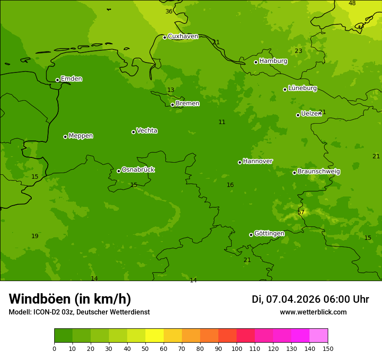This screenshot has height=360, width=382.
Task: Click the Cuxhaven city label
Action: [x=183, y=36]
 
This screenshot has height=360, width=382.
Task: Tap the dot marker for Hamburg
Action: [x=256, y=62]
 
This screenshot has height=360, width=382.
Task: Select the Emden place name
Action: [x=71, y=79]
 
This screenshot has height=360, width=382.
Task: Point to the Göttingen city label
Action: [x=269, y=233]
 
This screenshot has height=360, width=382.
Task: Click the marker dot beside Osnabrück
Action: [x=119, y=171]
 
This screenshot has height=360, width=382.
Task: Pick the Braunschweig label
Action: [x=319, y=171]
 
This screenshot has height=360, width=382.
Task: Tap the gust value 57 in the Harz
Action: [x=301, y=212]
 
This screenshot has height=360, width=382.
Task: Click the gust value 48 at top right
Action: [x=352, y=3]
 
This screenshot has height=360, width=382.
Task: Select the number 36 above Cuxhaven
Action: [x=169, y=12]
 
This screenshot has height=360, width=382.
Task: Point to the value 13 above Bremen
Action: [x=171, y=90]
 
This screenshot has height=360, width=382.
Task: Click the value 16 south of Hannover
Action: [x=230, y=185]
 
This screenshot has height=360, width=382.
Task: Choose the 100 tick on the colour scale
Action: [x=237, y=348]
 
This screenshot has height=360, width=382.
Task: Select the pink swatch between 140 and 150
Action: [x=319, y=336]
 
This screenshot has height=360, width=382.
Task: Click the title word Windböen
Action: [x=40, y=299]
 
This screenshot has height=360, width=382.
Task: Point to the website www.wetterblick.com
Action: [x=313, y=312]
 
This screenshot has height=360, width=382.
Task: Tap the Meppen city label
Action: [x=81, y=136]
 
